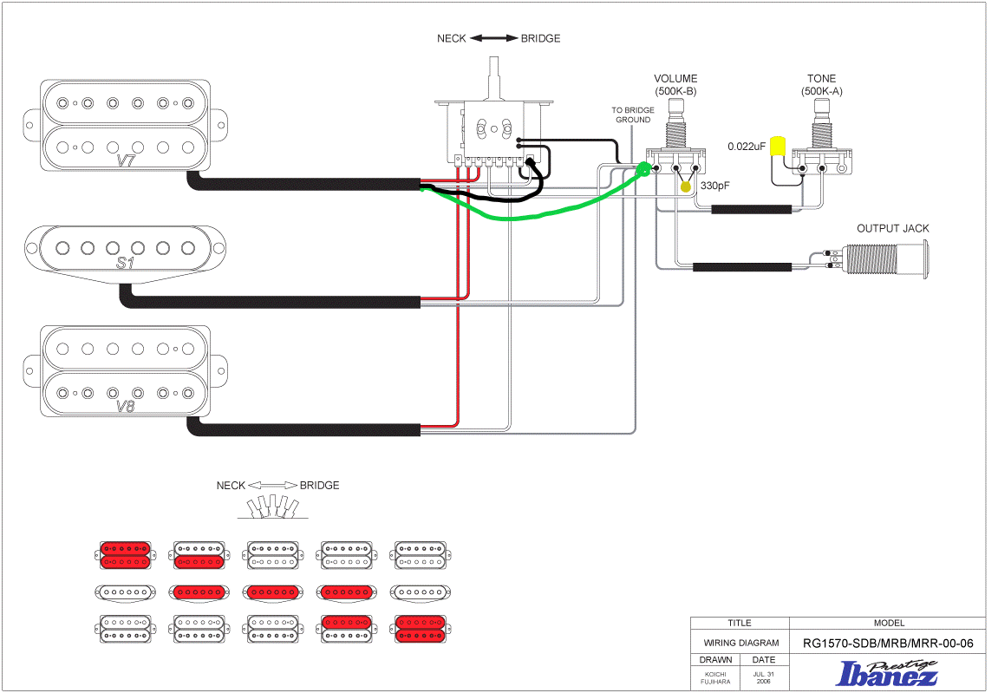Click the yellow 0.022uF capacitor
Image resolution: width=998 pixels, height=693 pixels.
(x=777, y=146)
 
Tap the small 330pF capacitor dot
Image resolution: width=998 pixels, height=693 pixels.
(x=686, y=186)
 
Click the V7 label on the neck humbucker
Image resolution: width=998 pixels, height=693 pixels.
(x=126, y=160)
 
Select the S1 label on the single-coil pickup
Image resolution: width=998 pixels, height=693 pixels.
(x=126, y=263)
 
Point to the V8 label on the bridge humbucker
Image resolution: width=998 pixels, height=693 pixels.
(x=126, y=406)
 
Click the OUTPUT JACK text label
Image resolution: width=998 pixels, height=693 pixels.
(x=892, y=228)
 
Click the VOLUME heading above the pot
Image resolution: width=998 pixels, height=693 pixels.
(x=675, y=78)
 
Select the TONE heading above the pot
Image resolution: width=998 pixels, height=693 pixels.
(x=821, y=78)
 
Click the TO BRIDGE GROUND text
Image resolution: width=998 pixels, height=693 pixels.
(x=633, y=114)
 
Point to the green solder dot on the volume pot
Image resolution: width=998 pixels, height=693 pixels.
(x=643, y=169)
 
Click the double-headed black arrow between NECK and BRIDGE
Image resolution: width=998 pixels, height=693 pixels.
(x=494, y=38)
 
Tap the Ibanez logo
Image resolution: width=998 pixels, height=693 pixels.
(x=887, y=673)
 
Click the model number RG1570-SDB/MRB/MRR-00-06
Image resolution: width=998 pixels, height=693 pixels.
(x=888, y=644)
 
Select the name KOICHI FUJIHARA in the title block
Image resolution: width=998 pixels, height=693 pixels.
(x=715, y=677)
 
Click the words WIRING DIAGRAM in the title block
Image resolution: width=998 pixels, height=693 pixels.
(x=740, y=643)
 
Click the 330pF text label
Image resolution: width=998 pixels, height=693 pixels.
(x=714, y=186)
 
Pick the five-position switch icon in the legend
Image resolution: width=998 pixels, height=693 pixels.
(x=273, y=507)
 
